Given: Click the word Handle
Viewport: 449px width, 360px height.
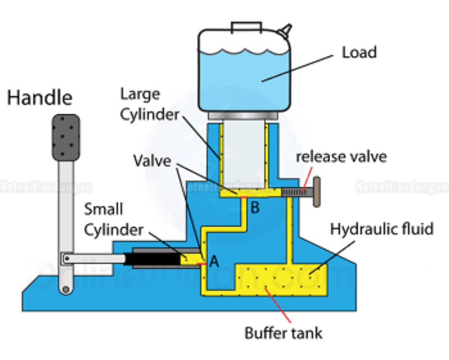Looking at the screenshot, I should (x=39, y=98).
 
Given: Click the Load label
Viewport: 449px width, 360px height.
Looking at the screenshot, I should (x=359, y=53).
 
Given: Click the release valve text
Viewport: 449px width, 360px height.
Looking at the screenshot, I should (x=341, y=156).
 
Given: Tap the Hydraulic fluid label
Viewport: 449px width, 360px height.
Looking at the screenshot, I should (x=382, y=229).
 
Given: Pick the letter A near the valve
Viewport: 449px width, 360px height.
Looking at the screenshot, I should (x=214, y=261).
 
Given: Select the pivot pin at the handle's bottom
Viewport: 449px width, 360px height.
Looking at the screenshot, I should (x=66, y=289).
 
